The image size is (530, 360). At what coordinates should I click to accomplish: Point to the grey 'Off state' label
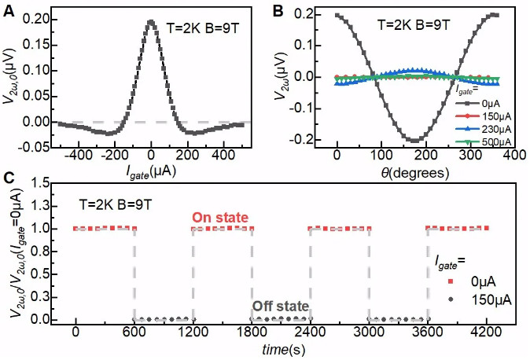click(x=280, y=306)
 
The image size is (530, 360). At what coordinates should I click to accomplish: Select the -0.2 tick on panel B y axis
click(x=315, y=140)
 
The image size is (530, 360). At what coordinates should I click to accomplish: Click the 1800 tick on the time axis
click(x=252, y=333)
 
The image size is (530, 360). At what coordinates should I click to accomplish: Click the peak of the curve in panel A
click(x=152, y=22)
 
